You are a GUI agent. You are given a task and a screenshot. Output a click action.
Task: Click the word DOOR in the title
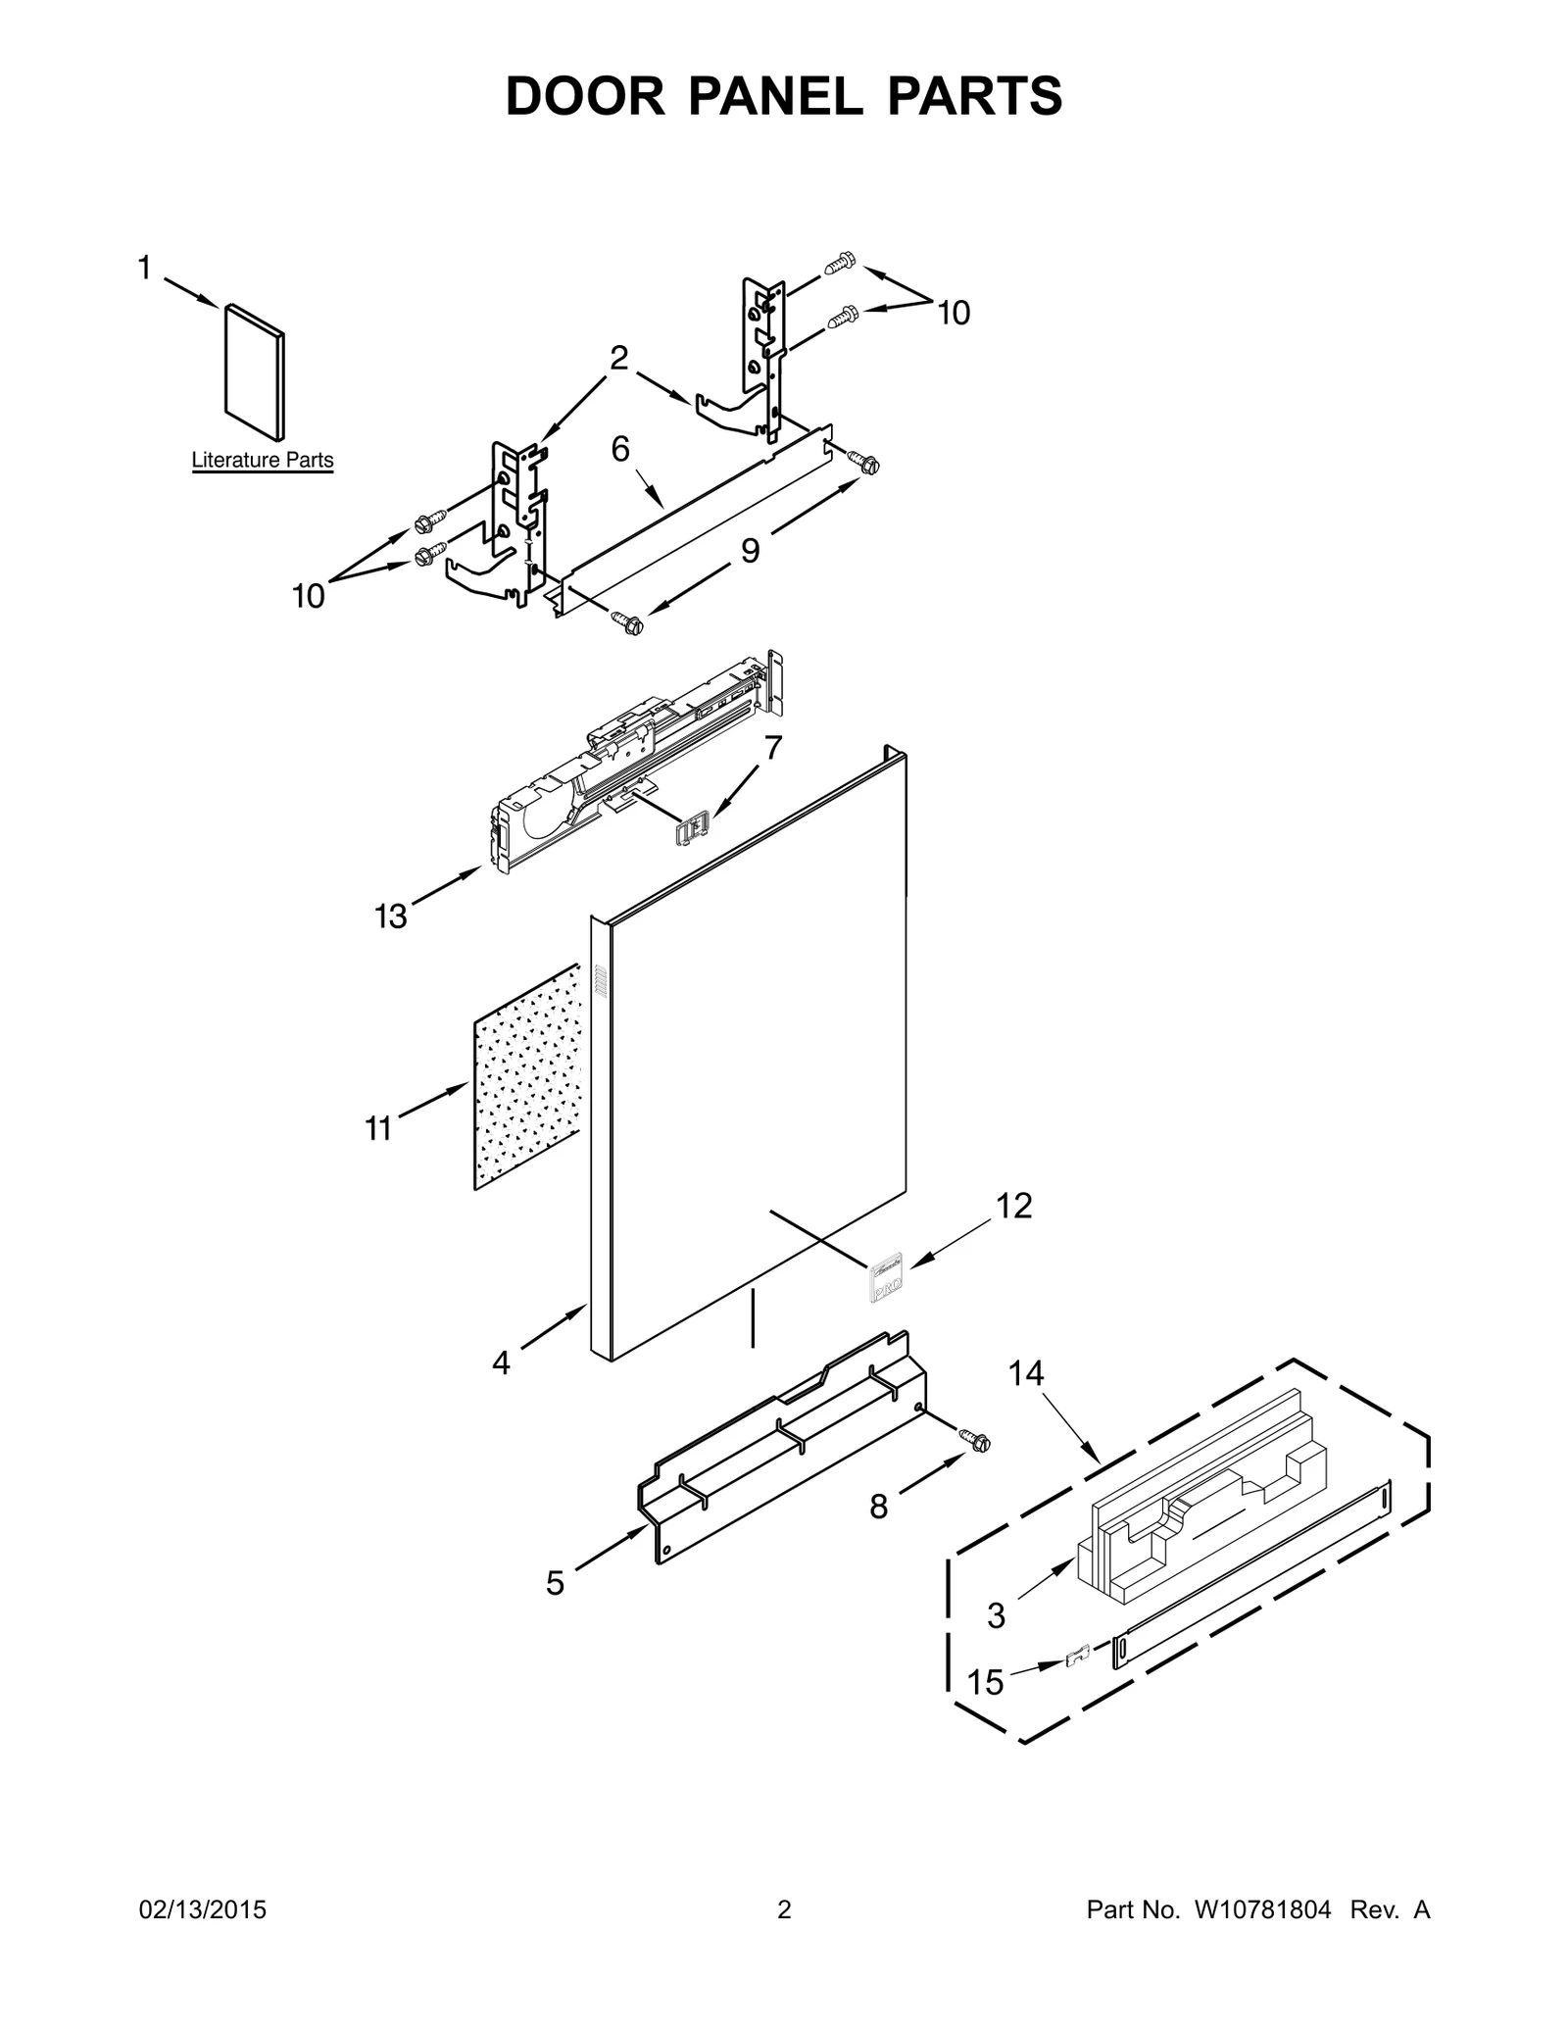[x=585, y=96]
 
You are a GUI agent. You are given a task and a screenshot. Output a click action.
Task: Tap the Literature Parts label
[x=262, y=460]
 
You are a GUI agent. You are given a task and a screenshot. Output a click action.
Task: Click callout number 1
[x=145, y=268]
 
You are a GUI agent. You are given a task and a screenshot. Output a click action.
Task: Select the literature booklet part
[x=255, y=371]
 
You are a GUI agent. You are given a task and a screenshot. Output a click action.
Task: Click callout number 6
[x=620, y=449]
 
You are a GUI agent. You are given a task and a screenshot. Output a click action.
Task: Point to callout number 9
[x=750, y=551]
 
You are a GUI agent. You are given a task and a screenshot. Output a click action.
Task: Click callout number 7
[x=773, y=748]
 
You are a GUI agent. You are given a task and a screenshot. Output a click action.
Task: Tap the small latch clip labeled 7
[x=693, y=830]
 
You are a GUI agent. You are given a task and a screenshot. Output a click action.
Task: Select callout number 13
[x=390, y=916]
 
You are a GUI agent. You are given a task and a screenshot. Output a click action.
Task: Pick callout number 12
[x=1014, y=1206]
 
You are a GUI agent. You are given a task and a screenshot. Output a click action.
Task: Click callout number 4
[x=501, y=1362]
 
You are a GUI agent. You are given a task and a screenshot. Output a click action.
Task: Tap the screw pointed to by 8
[x=977, y=1441]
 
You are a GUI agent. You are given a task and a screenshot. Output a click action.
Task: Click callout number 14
[x=1026, y=1374]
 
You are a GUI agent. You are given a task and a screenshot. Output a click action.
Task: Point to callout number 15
[x=986, y=1683]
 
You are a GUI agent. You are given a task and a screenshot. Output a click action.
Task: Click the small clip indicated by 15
[x=1078, y=1659]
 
